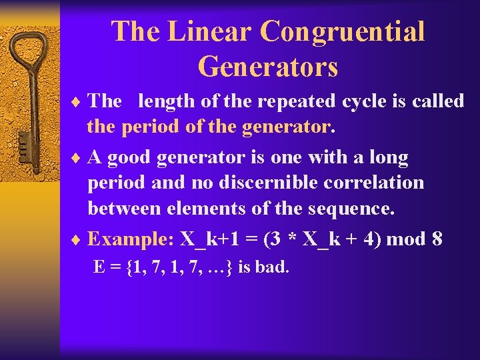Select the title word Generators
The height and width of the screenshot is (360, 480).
(268, 67)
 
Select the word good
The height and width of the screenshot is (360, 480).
(131, 158)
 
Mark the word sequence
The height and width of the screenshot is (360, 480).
(351, 209)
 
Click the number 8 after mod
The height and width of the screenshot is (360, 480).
(437, 239)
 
